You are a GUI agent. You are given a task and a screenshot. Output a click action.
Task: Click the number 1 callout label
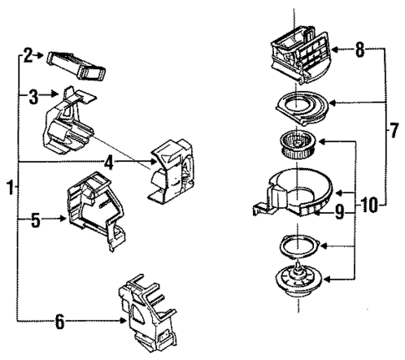click(9, 188)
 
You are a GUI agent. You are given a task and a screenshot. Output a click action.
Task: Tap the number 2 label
click(28, 56)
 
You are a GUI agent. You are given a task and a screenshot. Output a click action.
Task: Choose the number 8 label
click(358, 51)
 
